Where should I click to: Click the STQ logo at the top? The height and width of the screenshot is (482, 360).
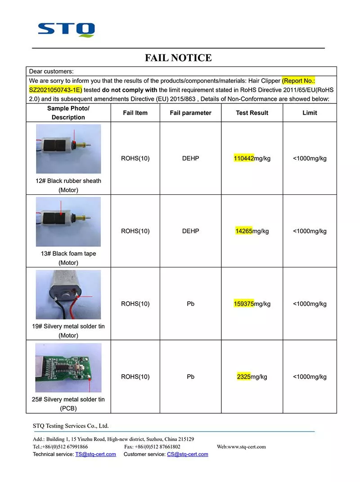(x=66, y=29)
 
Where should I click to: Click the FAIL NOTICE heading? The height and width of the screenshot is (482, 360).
(x=178, y=58)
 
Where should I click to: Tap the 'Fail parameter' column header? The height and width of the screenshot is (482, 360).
(x=190, y=113)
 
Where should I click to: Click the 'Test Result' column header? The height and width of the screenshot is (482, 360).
(x=252, y=113)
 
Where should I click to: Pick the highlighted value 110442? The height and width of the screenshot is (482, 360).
(x=244, y=158)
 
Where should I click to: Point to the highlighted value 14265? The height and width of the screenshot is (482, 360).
(x=244, y=231)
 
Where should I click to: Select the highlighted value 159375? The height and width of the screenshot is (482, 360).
(x=244, y=303)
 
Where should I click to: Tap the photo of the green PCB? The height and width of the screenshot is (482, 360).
(x=68, y=368)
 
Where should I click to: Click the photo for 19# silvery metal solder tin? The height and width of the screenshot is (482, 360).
(x=68, y=295)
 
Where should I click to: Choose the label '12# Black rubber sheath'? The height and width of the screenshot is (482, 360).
(x=68, y=181)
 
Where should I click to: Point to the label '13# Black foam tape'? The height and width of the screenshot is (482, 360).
(x=68, y=254)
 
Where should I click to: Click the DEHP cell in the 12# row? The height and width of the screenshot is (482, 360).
(x=190, y=158)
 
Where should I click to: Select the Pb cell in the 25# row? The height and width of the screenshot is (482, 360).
(x=190, y=377)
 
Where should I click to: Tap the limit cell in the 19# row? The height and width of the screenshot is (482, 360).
(x=310, y=303)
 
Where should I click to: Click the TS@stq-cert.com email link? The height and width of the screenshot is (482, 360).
(x=95, y=454)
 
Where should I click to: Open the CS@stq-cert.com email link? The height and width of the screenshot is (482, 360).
(x=187, y=454)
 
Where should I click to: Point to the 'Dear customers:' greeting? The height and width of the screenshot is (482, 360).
(x=51, y=71)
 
